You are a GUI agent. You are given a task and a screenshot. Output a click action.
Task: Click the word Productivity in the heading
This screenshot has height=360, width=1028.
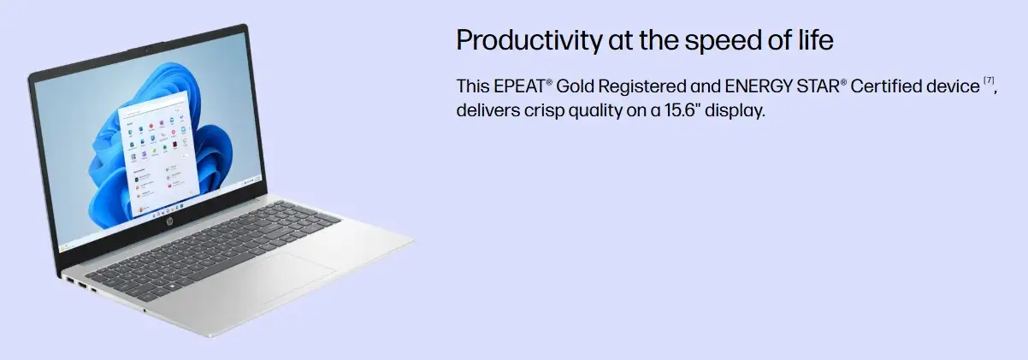pyautogui.click(x=529, y=40)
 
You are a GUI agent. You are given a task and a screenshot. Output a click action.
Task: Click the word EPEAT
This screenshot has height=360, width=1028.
pyautogui.click(x=519, y=86)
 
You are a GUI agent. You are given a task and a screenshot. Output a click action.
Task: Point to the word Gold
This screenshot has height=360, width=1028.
pyautogui.click(x=575, y=86)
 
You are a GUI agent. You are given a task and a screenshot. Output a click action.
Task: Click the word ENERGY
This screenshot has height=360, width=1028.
pyautogui.click(x=759, y=86)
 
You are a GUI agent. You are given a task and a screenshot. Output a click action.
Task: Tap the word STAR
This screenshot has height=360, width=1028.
pyautogui.click(x=818, y=86)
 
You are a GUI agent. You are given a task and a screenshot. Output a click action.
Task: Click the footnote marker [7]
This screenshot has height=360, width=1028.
pyautogui.click(x=989, y=80)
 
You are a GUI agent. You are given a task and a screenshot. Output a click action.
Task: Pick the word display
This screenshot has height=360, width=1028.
pyautogui.click(x=735, y=111)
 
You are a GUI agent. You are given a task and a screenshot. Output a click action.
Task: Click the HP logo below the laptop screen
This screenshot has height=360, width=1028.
pyautogui.click(x=171, y=222)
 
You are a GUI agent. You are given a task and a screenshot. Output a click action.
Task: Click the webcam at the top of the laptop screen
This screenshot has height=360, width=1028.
pyautogui.click(x=148, y=49)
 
